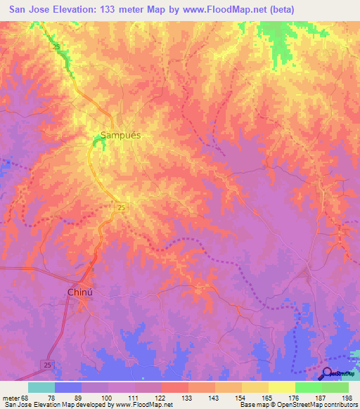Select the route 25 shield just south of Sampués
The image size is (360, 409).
click(121, 207)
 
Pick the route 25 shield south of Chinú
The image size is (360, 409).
click(46, 364)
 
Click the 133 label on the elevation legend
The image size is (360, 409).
click(188, 398)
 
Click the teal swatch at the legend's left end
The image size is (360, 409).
click(41, 387)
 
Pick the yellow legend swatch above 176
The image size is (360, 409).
click(281, 387)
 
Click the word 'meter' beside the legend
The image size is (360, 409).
click(12, 398)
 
